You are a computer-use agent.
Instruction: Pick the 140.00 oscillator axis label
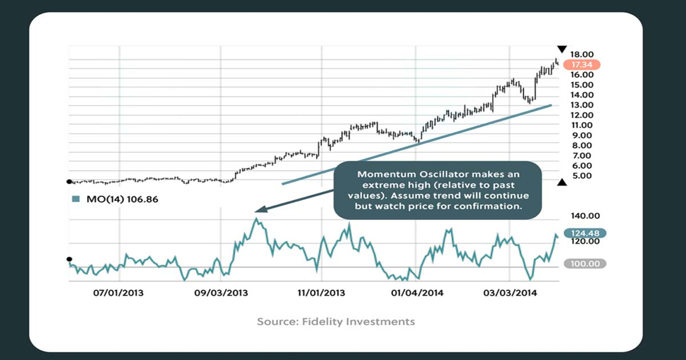pyautogui.click(x=581, y=216)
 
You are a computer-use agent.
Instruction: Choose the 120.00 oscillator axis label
pyautogui.click(x=581, y=242)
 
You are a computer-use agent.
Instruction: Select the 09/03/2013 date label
pyautogui.click(x=221, y=293)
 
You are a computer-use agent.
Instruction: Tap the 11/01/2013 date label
pyautogui.click(x=322, y=293)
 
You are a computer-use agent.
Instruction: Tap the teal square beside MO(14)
pyautogui.click(x=74, y=199)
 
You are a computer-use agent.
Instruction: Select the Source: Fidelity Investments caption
pyautogui.click(x=336, y=322)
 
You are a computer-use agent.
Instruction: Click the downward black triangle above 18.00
pyautogui.click(x=562, y=49)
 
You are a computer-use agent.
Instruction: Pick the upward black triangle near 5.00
pyautogui.click(x=562, y=182)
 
